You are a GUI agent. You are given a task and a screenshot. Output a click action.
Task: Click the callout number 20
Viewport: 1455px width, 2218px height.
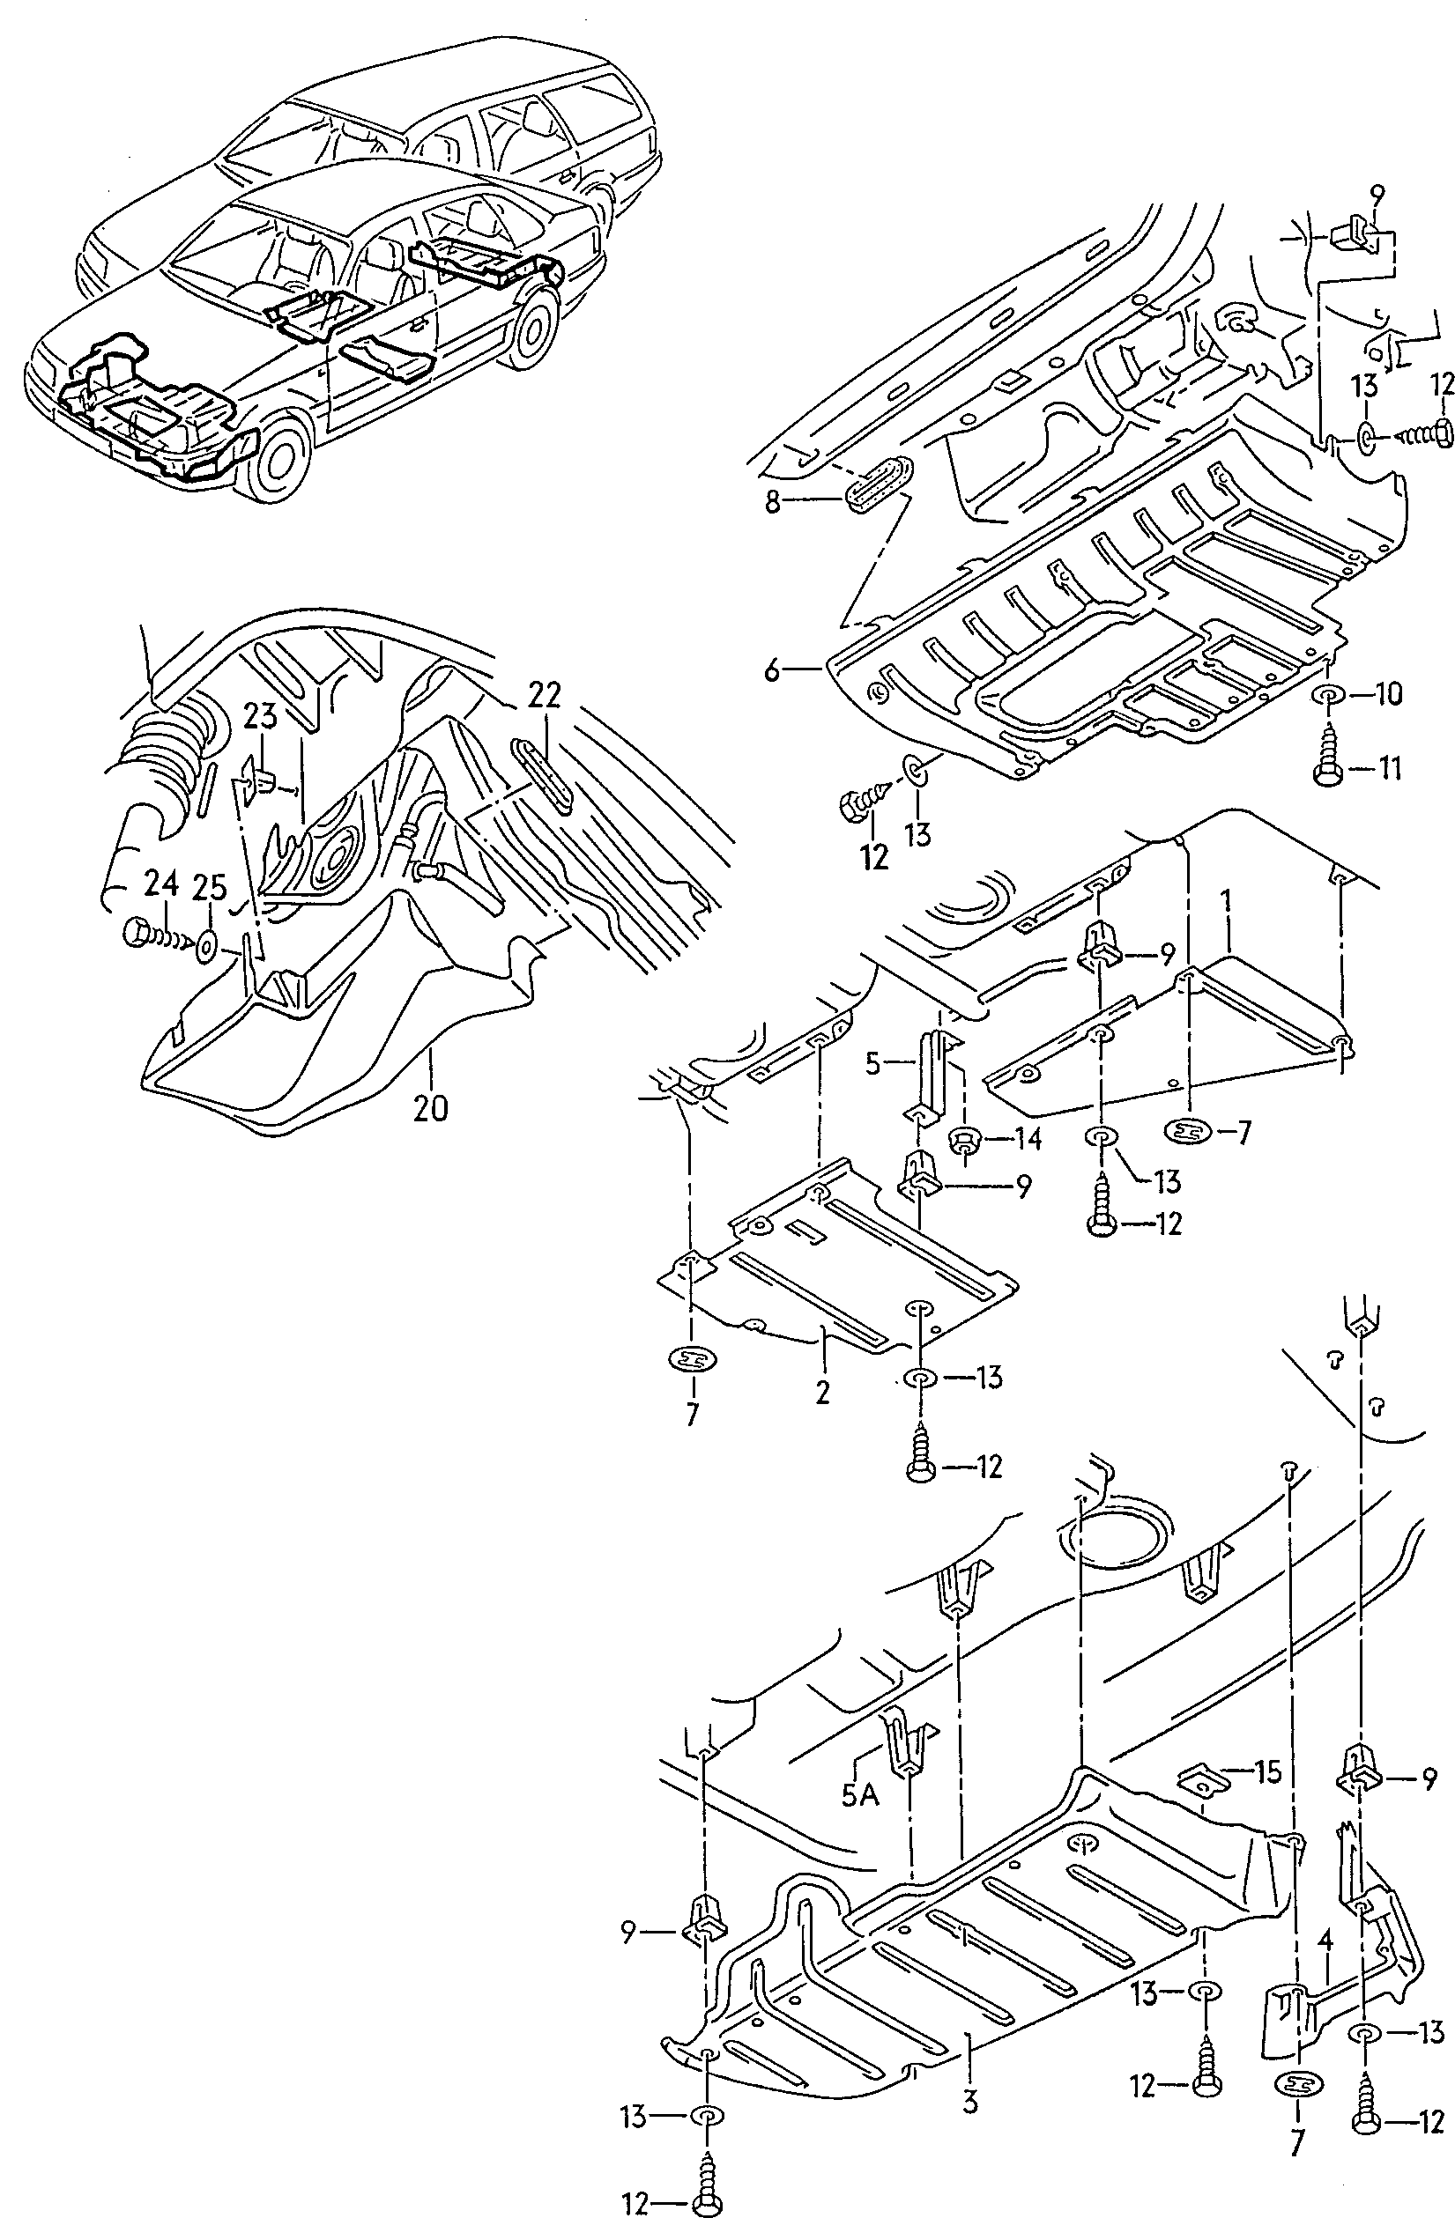[x=430, y=1107]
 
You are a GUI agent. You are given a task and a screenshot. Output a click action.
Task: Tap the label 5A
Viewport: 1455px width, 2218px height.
[x=859, y=1793]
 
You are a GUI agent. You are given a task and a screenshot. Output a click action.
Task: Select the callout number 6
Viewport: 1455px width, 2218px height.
[x=772, y=669]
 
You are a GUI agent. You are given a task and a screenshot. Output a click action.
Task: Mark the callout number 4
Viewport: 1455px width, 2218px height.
[x=1325, y=1941]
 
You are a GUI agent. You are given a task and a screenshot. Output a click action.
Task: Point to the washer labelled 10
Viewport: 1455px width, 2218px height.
[x=1327, y=694]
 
